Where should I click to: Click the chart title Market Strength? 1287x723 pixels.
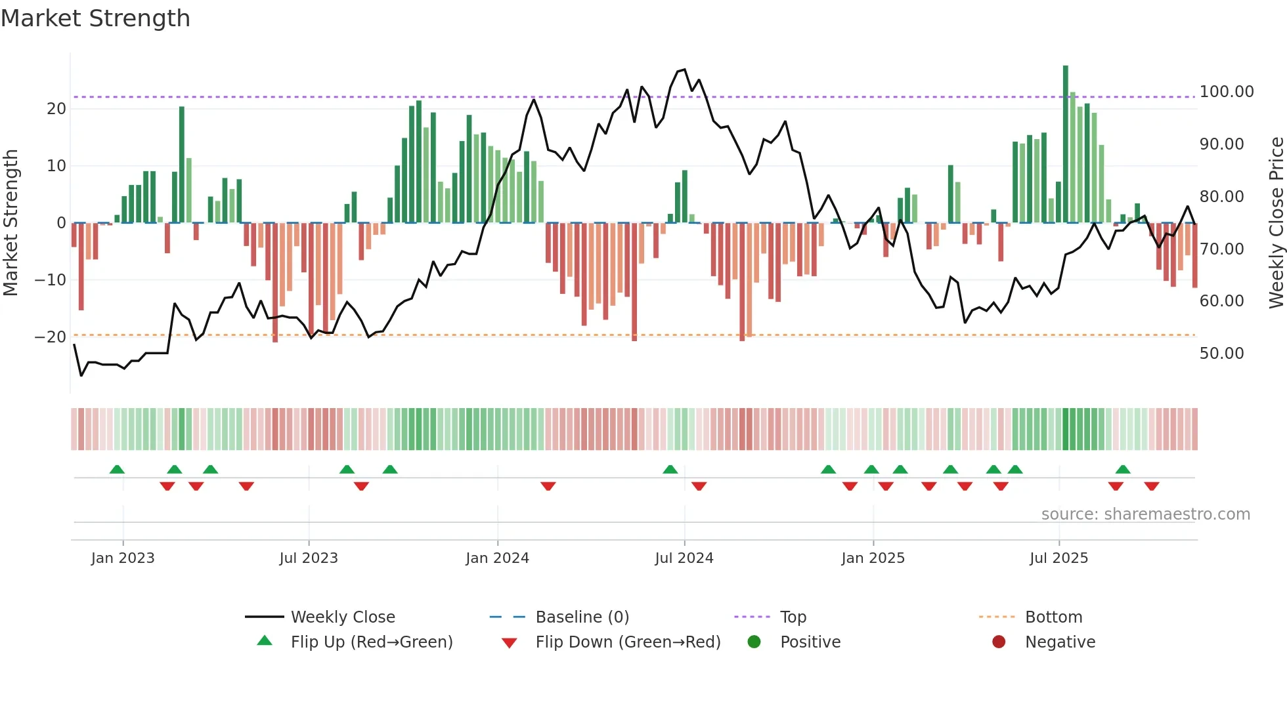pos(96,18)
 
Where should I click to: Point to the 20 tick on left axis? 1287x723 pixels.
pos(56,109)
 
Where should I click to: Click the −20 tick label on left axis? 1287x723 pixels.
pos(51,337)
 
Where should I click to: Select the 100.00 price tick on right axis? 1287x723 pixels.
pos(1226,92)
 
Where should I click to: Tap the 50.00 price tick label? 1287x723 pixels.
pos(1221,354)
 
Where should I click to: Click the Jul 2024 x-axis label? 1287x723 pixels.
pos(684,558)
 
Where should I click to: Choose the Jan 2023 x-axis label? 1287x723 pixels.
pos(123,558)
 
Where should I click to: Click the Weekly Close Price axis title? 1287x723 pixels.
pos(1276,223)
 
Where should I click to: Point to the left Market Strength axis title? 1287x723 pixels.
pos(11,223)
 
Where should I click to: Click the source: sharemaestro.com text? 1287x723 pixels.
pos(1145,514)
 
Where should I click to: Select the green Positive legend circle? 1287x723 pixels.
pos(754,642)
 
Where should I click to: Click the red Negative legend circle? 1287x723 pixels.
pos(999,642)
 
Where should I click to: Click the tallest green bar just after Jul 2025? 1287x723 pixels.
pos(1066,144)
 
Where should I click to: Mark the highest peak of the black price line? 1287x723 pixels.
pos(685,70)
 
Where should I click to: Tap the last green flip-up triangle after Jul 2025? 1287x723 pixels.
pos(1123,470)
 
